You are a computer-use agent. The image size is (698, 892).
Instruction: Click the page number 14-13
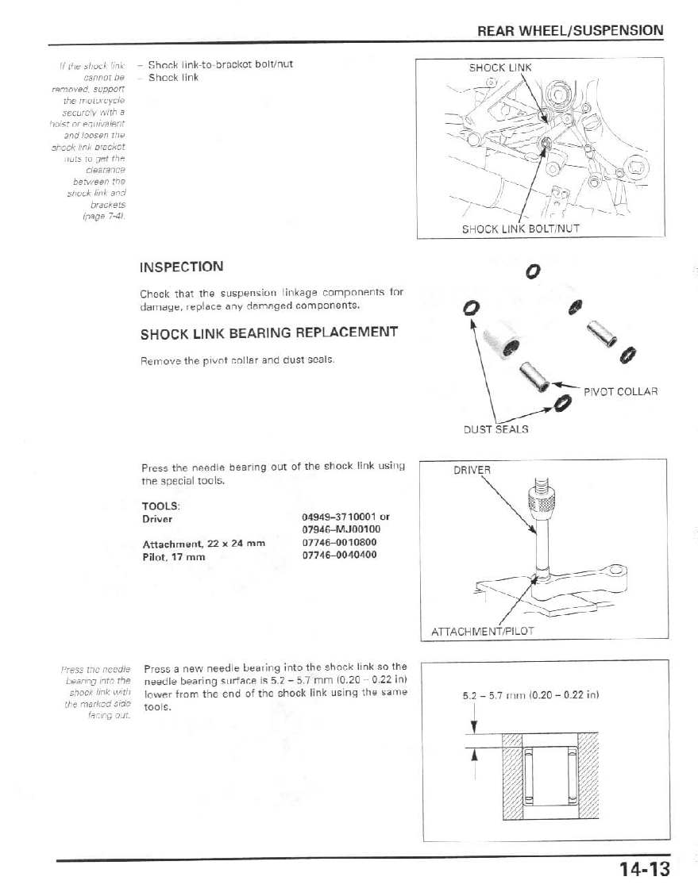pos(646,870)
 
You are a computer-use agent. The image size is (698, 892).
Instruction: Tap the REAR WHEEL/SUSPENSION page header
pos(570,31)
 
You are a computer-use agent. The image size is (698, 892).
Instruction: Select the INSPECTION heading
pos(182,267)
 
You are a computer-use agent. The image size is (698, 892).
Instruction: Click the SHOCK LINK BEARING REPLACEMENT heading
pos(268,333)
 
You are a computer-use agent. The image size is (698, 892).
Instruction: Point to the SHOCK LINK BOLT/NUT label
pos(521,229)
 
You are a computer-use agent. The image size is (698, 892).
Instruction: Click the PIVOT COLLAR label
pos(621,391)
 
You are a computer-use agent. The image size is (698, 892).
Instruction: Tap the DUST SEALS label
pos(496,429)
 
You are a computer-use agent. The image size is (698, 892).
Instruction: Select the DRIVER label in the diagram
pos(472,470)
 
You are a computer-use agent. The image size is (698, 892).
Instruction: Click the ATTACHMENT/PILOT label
pos(482,632)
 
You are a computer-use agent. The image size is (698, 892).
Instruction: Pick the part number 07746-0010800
pos(340,544)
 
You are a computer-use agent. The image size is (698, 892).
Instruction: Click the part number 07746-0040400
pos(340,556)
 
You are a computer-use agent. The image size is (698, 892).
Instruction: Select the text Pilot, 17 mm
pos(173,556)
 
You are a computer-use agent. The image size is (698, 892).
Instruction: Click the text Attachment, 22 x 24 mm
pos(202,544)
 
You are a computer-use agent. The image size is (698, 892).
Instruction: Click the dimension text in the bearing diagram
pos(530,696)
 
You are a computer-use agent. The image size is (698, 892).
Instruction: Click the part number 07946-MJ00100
pos(341,530)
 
